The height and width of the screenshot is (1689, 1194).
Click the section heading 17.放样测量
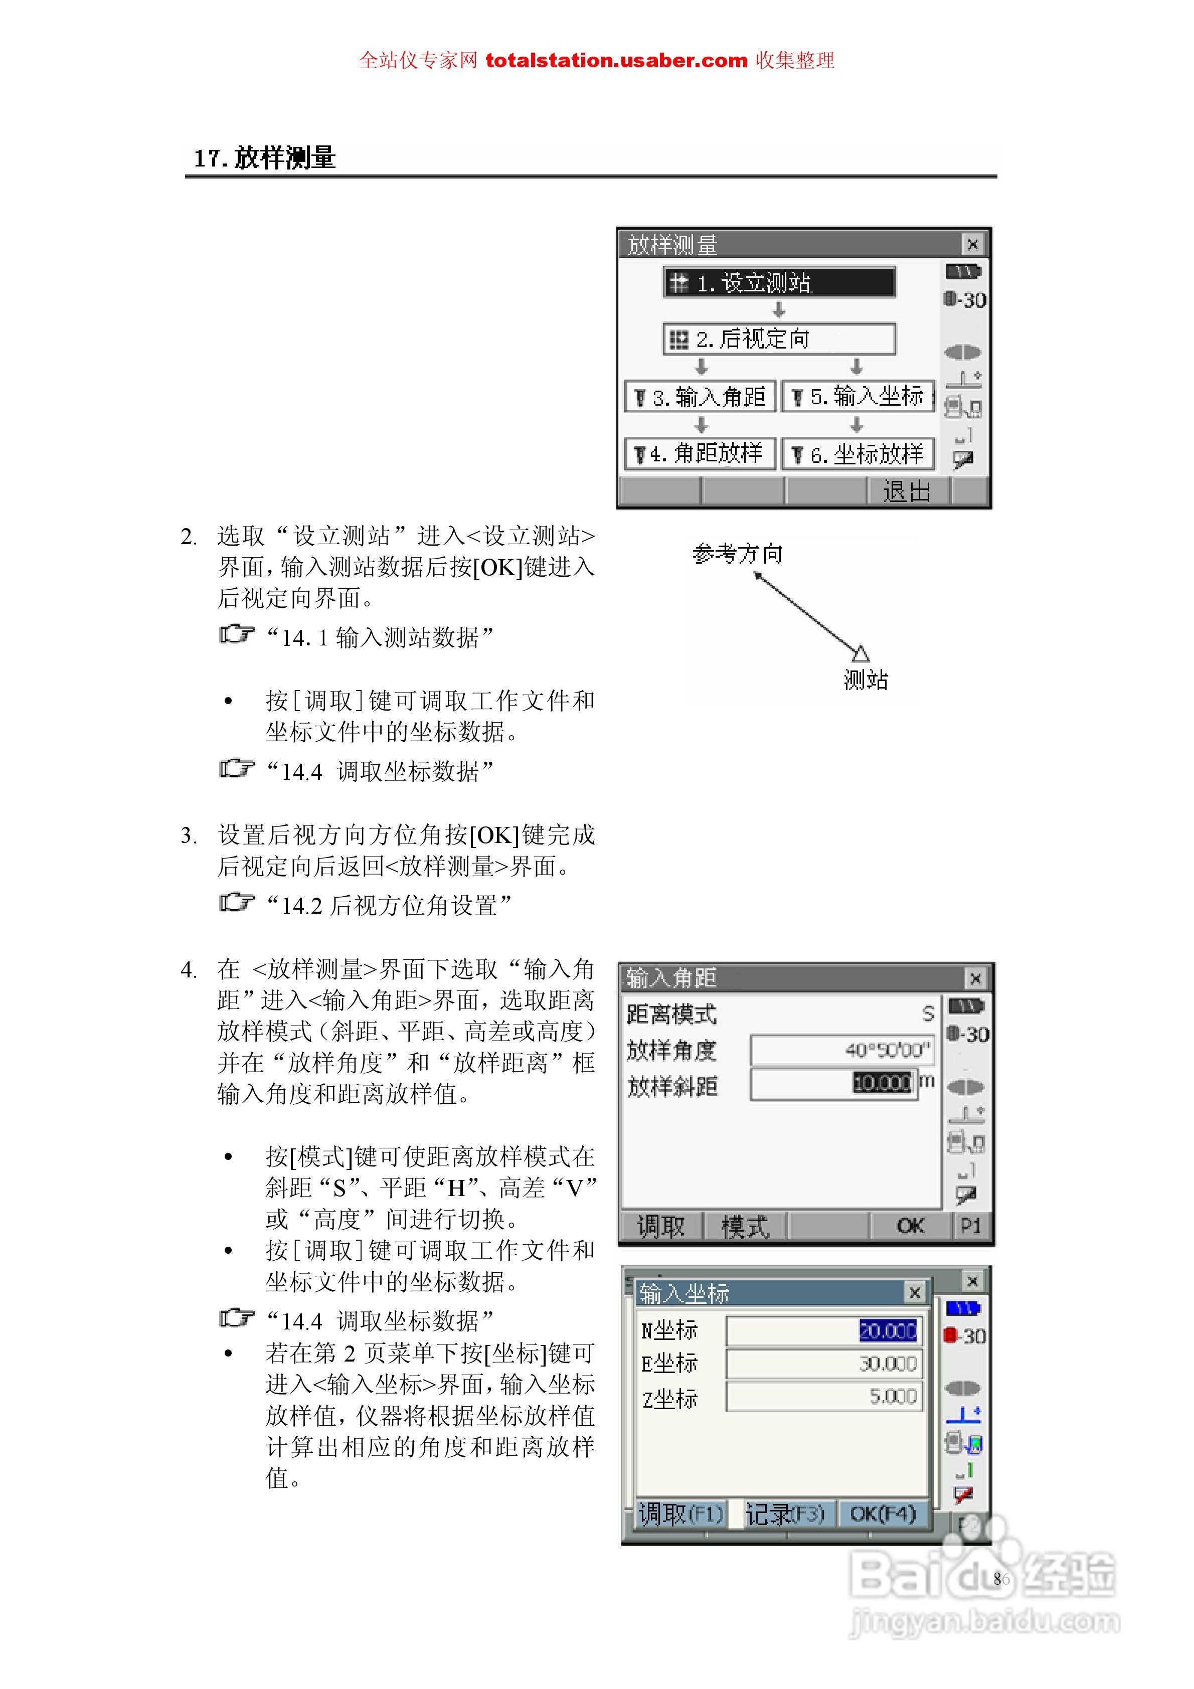tap(265, 157)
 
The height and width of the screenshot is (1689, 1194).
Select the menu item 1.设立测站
tap(779, 282)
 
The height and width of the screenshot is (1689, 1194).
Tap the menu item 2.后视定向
tap(779, 339)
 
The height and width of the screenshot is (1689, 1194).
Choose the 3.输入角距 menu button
tap(701, 397)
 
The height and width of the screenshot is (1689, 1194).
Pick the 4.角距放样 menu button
tap(701, 454)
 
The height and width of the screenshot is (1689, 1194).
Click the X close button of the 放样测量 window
tap(972, 244)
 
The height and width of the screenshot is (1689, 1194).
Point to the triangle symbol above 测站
tap(860, 653)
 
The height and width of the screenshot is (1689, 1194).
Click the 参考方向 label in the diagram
tap(737, 553)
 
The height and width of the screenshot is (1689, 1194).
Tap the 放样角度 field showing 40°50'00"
tap(842, 1050)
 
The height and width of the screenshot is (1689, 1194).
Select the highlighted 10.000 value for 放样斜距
tap(882, 1083)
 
